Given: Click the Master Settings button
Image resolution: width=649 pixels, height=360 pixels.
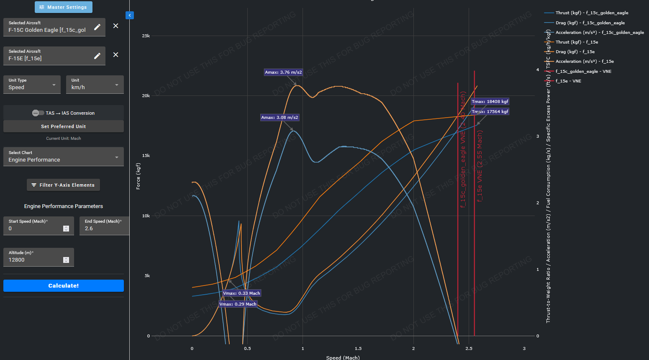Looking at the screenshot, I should (64, 7).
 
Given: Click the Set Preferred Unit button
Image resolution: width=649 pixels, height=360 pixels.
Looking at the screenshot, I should (64, 126).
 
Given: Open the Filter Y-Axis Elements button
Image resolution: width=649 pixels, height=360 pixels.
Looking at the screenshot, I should (63, 185).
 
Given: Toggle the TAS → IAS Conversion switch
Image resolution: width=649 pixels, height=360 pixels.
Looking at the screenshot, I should (38, 113).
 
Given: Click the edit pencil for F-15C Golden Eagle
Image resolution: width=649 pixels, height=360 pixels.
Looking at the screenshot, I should (97, 27).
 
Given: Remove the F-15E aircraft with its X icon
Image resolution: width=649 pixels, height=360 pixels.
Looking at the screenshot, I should (116, 55).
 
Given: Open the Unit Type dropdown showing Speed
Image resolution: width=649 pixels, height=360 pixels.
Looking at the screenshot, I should (32, 85).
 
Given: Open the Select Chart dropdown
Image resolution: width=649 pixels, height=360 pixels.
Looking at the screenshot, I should (64, 157).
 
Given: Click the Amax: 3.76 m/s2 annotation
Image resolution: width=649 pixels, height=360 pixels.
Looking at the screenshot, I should (283, 72).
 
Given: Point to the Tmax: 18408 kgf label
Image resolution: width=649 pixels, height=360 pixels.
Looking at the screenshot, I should (490, 102).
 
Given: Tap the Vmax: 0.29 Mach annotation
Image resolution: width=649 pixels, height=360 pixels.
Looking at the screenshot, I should (238, 304).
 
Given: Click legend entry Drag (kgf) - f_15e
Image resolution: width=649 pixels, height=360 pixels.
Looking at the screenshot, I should (575, 52).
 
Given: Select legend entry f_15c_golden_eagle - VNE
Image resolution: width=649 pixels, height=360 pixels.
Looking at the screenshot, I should (583, 72).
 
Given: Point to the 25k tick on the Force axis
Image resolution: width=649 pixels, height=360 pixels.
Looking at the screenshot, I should (146, 36).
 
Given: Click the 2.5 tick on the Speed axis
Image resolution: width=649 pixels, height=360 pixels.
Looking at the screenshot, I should (469, 348).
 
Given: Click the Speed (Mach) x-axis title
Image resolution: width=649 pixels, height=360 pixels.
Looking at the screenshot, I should (343, 357).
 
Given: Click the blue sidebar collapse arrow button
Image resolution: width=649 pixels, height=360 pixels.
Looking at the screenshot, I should (130, 15).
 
